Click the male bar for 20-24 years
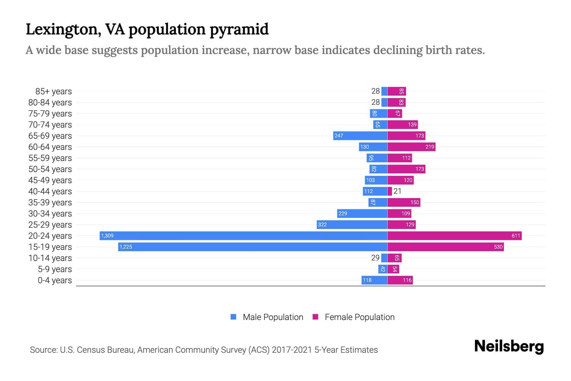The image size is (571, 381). point(243,236)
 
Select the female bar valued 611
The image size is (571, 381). point(454,236)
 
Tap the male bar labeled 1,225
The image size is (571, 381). point(253,247)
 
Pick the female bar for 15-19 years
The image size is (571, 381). point(445,247)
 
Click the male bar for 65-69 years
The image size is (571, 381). point(360,136)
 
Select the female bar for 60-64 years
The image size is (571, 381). point(411,147)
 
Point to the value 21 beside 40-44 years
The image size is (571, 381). point(397,191)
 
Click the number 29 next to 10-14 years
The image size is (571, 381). point(375,258)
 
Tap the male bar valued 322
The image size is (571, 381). point(352,224)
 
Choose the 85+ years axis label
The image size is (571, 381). point(53,91)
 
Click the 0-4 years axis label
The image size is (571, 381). point(55,280)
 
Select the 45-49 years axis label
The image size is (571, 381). point(50,180)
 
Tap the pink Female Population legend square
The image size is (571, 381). point(315,317)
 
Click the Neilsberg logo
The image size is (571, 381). point(509,346)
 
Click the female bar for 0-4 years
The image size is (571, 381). point(400,280)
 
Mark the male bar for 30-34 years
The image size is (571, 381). point(362,213)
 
